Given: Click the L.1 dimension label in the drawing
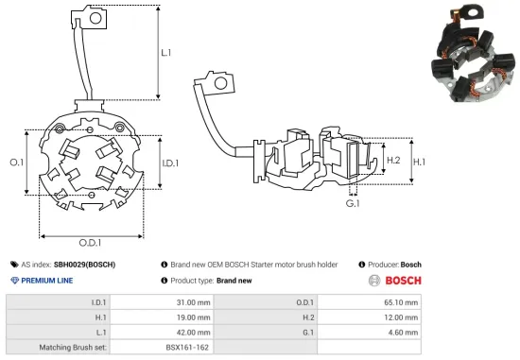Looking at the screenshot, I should coord(166,53).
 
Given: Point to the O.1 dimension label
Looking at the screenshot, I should coord(16,163).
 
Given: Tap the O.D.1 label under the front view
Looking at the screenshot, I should coord(89,244).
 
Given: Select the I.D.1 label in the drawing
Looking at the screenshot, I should coord(170,163).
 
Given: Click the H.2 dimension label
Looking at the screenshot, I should coord(394,162).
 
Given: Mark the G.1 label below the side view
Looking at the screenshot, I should coord(353,203).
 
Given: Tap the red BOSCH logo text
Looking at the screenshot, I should coord(403,281).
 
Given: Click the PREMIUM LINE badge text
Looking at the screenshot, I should coord(54,281).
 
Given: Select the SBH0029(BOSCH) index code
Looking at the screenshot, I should coord(84,265).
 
